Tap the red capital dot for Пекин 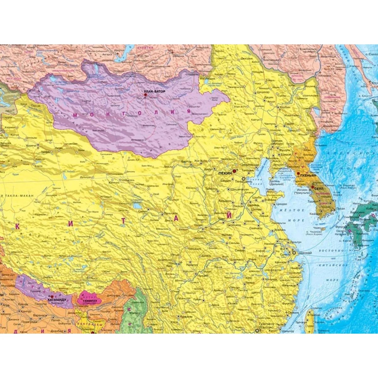[x=234, y=171]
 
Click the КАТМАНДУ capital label [x=57, y=301]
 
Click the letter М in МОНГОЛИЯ [x=75, y=115]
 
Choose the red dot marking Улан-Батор [x=145, y=94]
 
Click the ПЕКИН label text [x=224, y=173]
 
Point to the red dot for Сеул [x=312, y=187]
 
